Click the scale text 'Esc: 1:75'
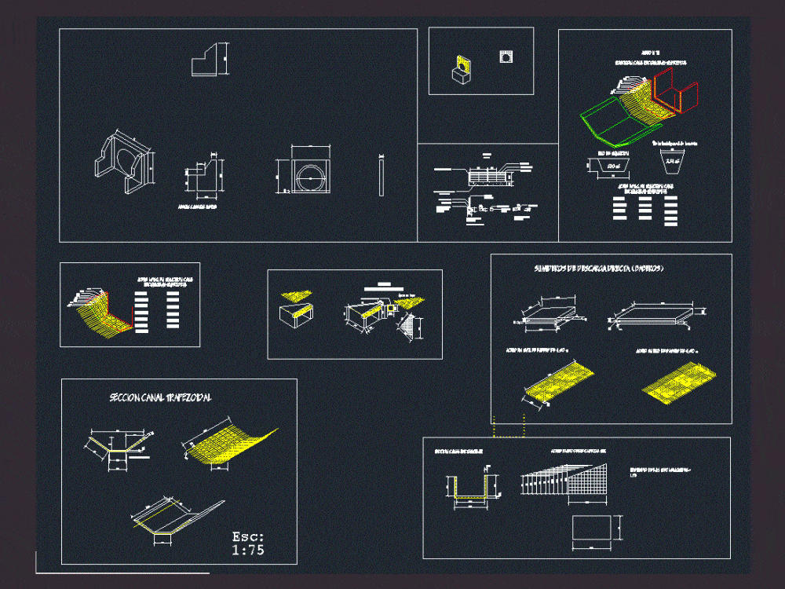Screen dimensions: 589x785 249,543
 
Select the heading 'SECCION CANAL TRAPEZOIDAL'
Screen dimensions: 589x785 160,398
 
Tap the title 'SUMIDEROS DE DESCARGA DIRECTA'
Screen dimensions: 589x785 599,269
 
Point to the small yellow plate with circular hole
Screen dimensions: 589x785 463,64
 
